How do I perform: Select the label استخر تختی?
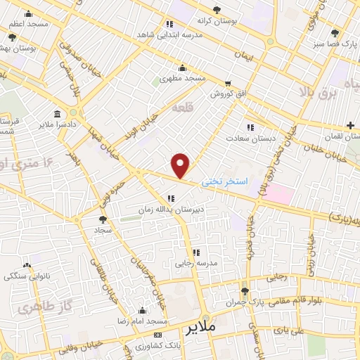[224, 181]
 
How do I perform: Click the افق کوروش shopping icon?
[228, 83]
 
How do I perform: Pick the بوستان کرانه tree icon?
[217, 10]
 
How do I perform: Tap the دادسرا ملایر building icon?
[57, 113]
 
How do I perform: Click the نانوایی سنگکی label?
[28, 276]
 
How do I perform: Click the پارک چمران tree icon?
[245, 290]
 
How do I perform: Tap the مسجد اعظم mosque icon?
[28, 13]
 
